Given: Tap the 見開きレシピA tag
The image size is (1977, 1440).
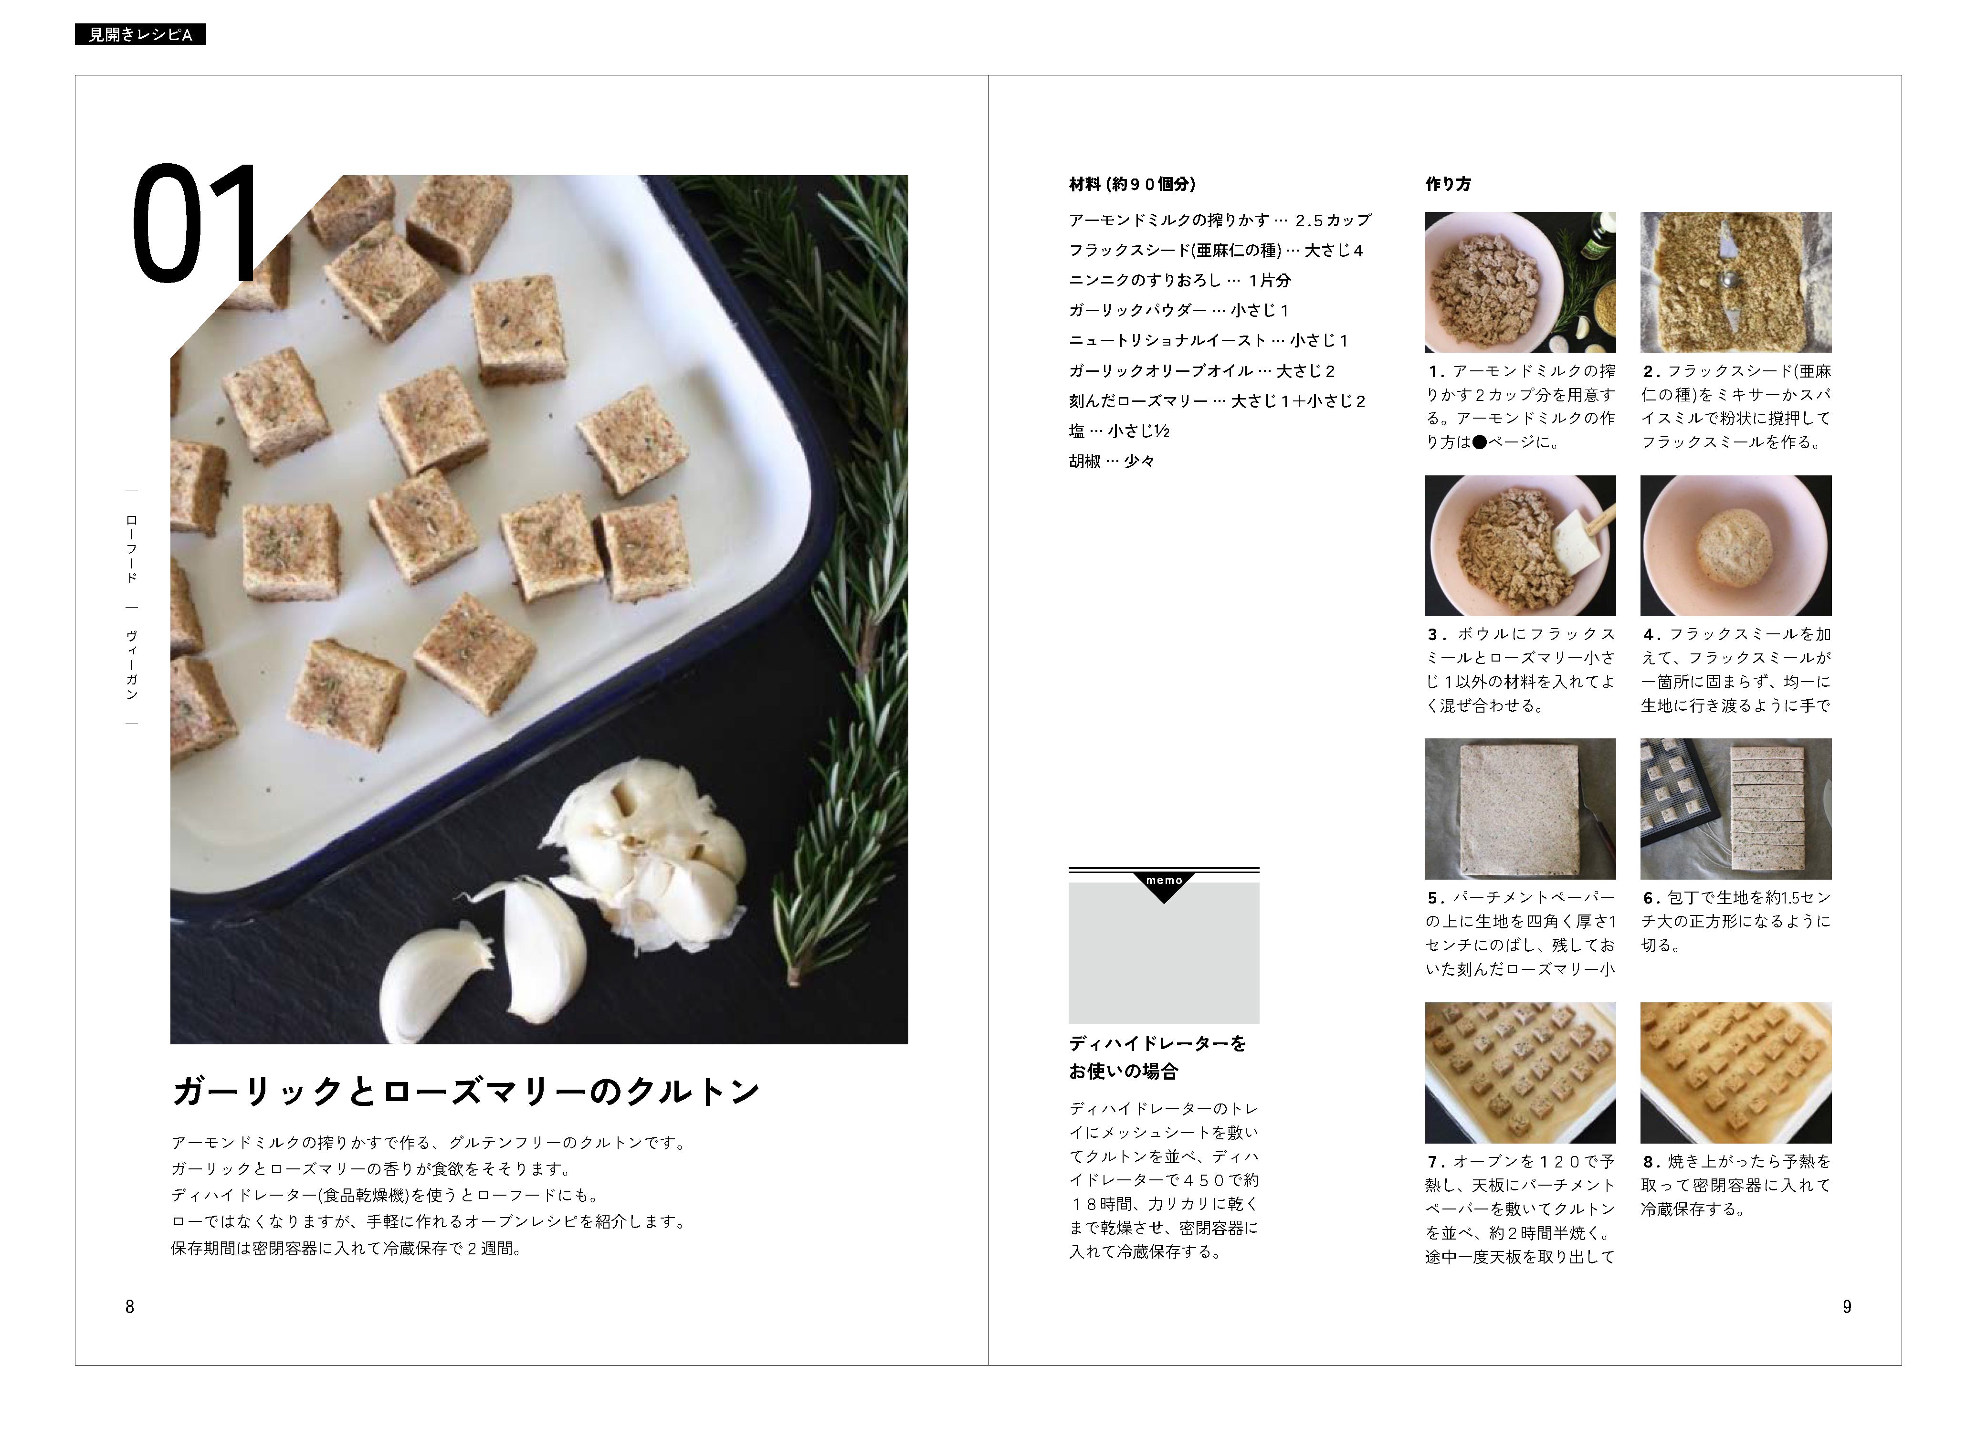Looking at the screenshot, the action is coord(140,35).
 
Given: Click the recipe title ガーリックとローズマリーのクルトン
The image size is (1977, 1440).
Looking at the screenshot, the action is coord(466,1091).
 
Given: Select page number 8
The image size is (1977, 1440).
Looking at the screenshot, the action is coord(130,1306).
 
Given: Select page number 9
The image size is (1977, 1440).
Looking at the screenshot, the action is coord(1846,1306).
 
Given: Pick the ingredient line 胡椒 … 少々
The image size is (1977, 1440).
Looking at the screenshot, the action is coord(1112,461).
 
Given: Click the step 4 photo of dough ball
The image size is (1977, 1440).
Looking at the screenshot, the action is coord(1735,546).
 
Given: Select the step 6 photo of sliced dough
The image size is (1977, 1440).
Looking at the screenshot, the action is coord(1735,809).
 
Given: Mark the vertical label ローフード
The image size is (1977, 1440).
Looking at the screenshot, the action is coord(132,549).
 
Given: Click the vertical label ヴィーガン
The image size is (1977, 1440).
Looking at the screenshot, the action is coord(132,665).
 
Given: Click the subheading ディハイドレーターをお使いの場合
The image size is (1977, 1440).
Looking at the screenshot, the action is coord(1157,1056).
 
